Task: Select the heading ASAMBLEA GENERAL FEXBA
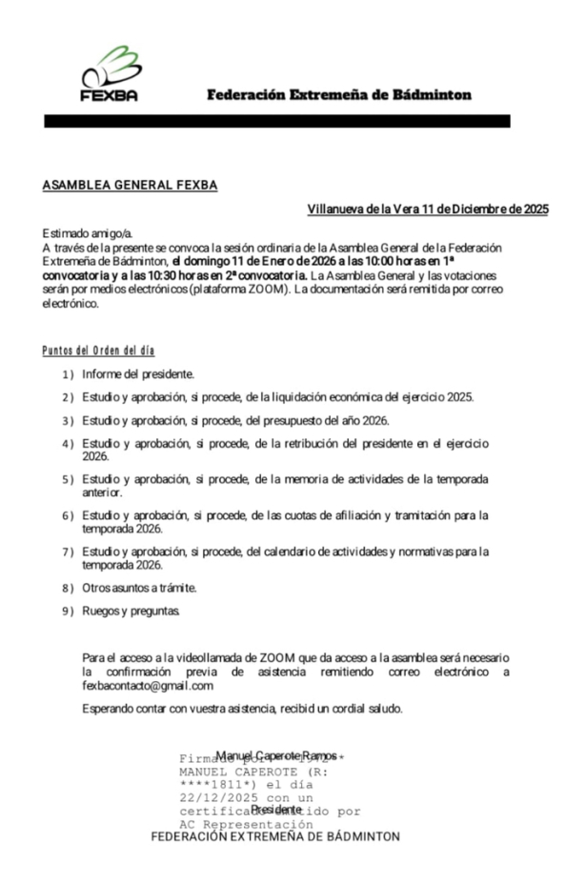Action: (x=130, y=185)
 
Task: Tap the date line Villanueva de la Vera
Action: (x=428, y=209)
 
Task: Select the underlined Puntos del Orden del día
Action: (x=99, y=351)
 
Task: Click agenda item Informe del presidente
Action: (x=138, y=374)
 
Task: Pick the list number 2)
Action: (x=68, y=397)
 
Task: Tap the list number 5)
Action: (x=68, y=479)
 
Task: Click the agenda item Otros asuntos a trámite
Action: (x=139, y=588)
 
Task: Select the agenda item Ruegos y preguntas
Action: (x=130, y=611)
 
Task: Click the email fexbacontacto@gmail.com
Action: (x=148, y=685)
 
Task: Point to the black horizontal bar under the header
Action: (x=276, y=121)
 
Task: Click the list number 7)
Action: (x=68, y=552)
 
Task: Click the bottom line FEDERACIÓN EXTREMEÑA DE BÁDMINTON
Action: (x=275, y=836)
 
